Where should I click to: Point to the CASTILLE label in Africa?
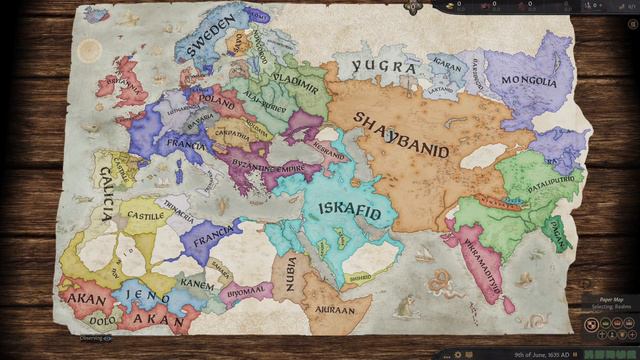click(x=148, y=216)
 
